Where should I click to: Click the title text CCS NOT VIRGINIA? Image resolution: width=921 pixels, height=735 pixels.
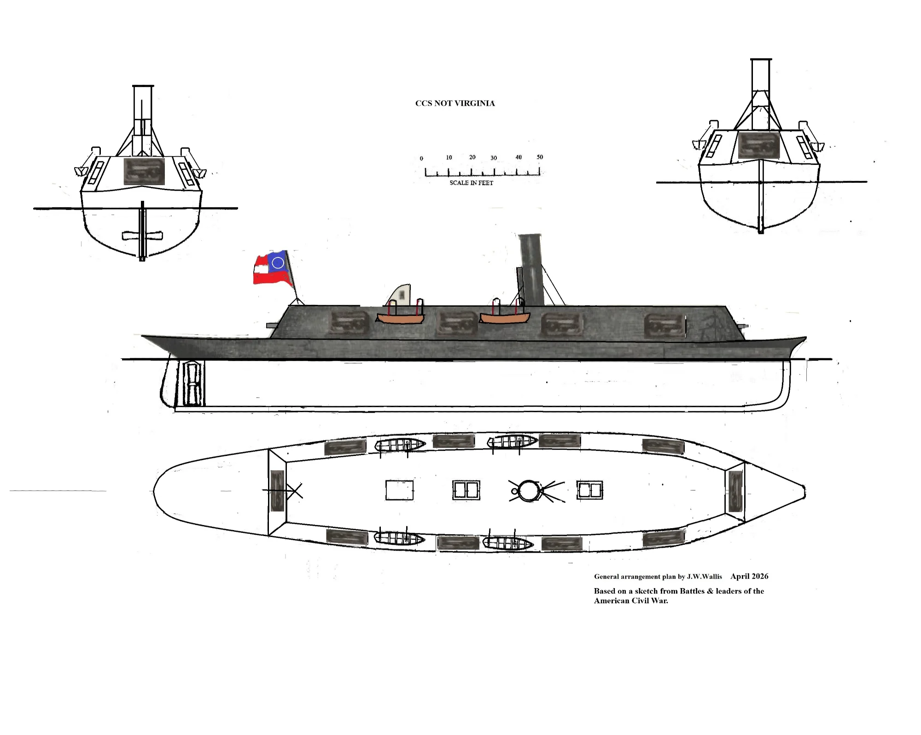455,103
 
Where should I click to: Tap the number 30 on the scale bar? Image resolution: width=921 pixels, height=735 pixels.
494,158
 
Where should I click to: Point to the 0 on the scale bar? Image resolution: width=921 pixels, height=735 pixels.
421,158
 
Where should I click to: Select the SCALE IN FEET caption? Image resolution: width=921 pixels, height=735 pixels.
471,183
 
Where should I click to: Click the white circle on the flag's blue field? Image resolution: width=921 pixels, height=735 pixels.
278,262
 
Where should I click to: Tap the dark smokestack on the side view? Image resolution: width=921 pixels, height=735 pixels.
531,270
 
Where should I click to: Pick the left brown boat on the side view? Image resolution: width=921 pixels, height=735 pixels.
400,318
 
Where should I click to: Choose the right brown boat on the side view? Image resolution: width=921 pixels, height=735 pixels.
505,318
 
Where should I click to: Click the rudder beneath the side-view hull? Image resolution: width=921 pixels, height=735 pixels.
193,383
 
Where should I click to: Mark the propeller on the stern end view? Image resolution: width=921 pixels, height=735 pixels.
142,236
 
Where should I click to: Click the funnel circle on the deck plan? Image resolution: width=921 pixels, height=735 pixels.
528,490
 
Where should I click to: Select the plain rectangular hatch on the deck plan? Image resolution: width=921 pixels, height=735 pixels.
399,490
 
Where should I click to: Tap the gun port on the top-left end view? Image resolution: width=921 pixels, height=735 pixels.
144,171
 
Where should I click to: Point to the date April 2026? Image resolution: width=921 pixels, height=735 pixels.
749,576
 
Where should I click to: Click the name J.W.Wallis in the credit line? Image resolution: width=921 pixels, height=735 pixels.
705,577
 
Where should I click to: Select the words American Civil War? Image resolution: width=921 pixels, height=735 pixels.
631,601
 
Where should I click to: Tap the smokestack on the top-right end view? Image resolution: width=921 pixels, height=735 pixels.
761,94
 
